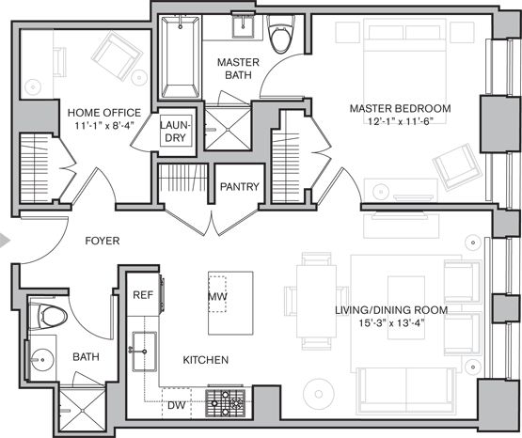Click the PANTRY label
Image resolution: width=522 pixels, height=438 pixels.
[239, 187]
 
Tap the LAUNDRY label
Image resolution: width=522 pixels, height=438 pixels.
[176, 132]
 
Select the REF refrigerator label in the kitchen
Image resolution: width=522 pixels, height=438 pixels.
[143, 294]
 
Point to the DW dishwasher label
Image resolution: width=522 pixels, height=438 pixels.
[176, 405]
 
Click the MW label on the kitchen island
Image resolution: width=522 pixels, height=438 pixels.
[217, 296]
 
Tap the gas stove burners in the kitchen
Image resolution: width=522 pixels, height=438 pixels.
[226, 402]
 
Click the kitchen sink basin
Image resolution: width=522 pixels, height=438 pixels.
[145, 352]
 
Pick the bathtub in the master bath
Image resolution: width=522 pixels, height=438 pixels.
[181, 57]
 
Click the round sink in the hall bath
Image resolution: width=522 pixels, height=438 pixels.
[42, 359]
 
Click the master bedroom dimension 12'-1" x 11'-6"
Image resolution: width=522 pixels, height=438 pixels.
[400, 121]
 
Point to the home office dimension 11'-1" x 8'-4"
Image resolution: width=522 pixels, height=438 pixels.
[104, 125]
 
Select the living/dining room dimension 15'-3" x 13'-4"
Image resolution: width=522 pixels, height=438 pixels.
[391, 323]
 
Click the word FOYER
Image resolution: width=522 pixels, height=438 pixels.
[103, 241]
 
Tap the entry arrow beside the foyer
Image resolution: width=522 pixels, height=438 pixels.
[5, 241]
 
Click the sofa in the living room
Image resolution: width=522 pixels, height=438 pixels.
[405, 391]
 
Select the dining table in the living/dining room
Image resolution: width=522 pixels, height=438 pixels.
[316, 302]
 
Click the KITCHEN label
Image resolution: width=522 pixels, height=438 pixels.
[206, 360]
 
